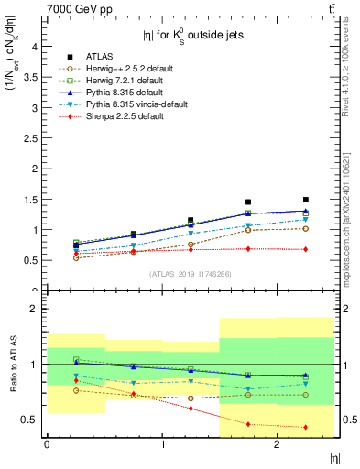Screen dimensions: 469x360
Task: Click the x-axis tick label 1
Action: pyautogui.click(x=162, y=444)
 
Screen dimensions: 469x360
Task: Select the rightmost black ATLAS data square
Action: pyautogui.click(x=305, y=200)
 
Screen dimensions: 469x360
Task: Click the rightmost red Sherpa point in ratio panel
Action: pyautogui.click(x=305, y=427)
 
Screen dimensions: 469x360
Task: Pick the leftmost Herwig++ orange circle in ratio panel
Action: pyautogui.click(x=76, y=390)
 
